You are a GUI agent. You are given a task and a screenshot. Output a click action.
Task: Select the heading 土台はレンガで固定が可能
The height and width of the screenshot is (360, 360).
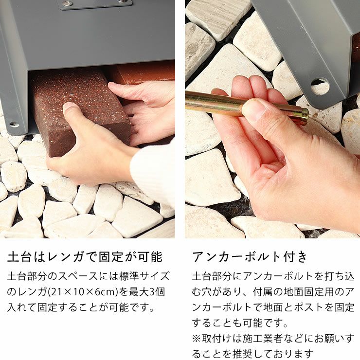tap(85, 257)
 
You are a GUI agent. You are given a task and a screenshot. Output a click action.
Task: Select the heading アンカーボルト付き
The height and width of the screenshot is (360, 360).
tap(250, 257)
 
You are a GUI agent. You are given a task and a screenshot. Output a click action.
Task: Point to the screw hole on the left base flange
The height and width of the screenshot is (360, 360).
tap(14, 125)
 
